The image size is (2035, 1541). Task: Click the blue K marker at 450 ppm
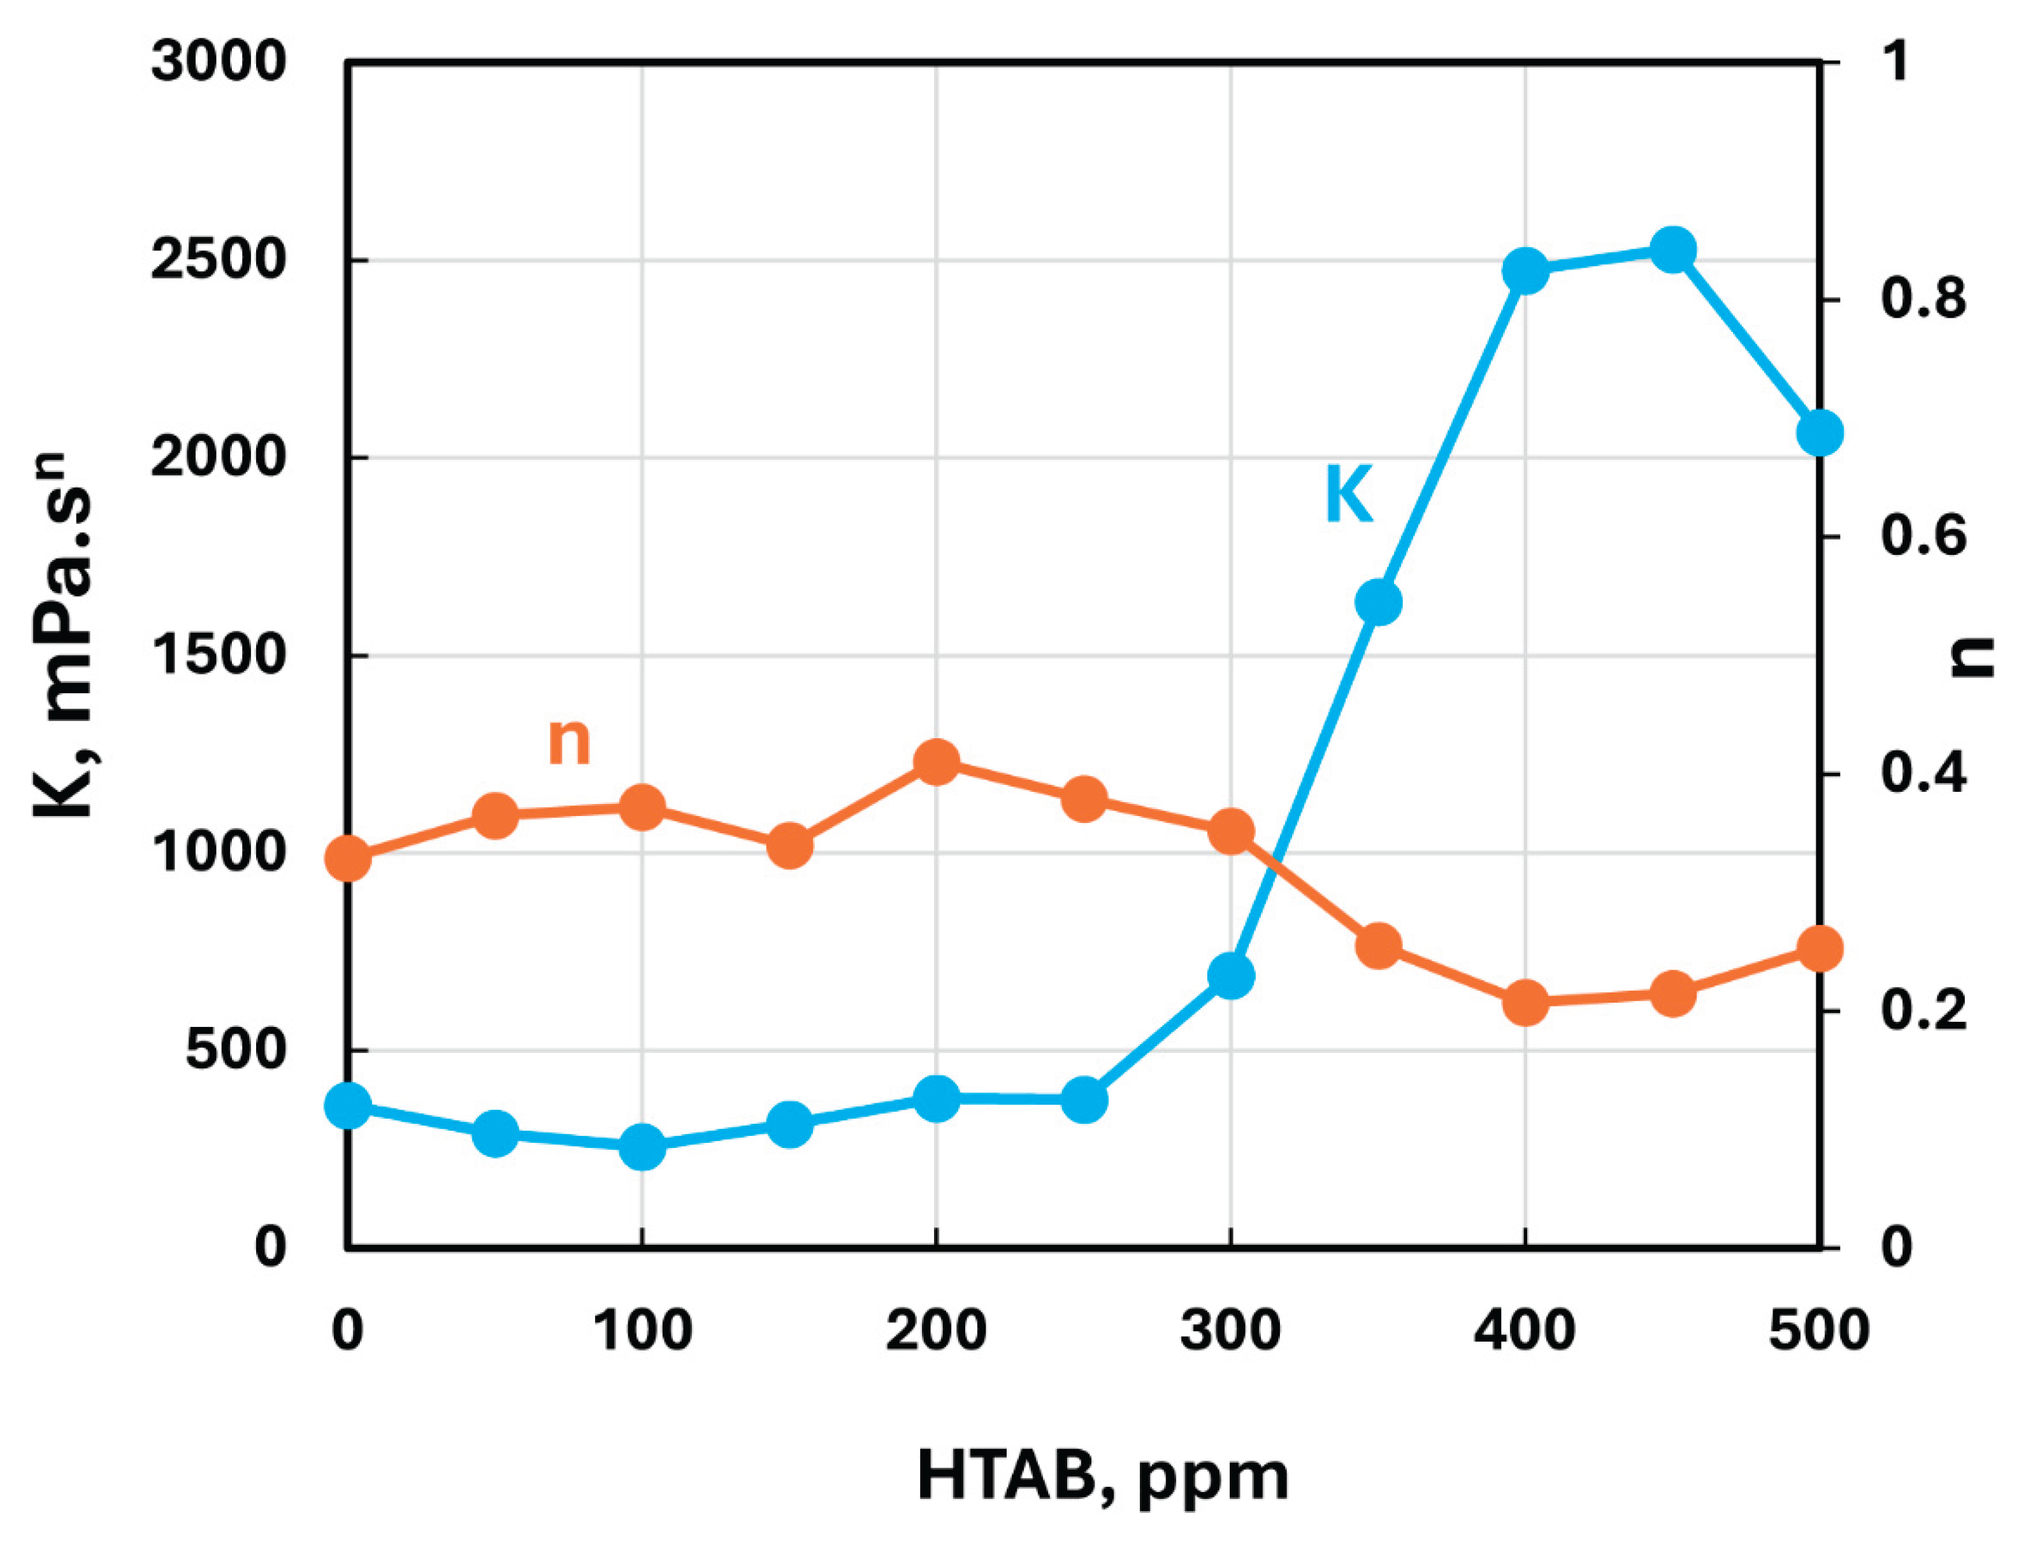tap(1672, 251)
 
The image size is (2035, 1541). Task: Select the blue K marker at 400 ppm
tap(1525, 271)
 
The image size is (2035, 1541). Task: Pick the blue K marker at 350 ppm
tap(1378, 603)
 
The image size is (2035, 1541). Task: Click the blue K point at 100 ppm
tap(642, 1146)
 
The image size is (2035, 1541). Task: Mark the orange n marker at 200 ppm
tap(937, 762)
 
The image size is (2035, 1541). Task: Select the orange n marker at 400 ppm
tap(1525, 1002)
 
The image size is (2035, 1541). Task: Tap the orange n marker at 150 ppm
tap(789, 845)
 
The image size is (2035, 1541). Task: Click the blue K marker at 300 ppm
tap(1231, 975)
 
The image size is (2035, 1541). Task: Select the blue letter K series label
tap(1349, 495)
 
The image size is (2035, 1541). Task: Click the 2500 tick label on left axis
tap(218, 261)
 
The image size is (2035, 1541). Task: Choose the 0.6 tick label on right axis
tap(1923, 536)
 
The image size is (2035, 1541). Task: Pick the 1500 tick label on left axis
tap(218, 656)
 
